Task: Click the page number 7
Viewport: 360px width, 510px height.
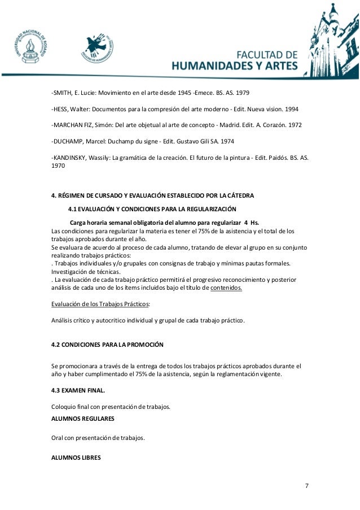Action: click(x=307, y=486)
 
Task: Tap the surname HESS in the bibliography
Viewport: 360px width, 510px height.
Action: click(x=61, y=108)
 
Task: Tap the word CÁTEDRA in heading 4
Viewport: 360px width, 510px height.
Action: click(x=239, y=196)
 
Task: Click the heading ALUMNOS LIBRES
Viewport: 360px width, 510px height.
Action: click(x=76, y=457)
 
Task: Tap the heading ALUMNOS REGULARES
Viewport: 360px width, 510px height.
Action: click(x=82, y=419)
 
